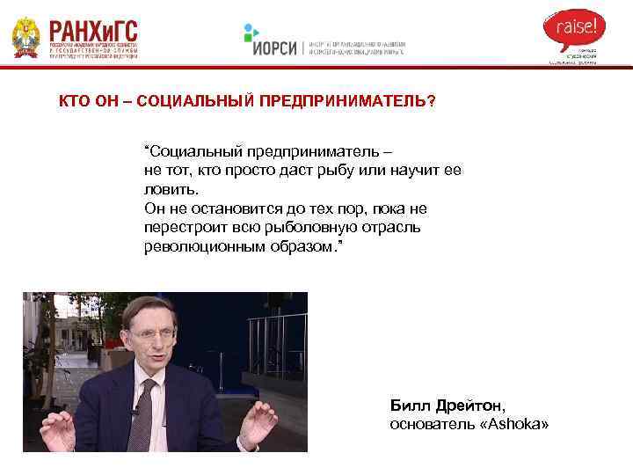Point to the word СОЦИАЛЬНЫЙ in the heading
point(196,102)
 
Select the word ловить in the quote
point(169,189)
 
